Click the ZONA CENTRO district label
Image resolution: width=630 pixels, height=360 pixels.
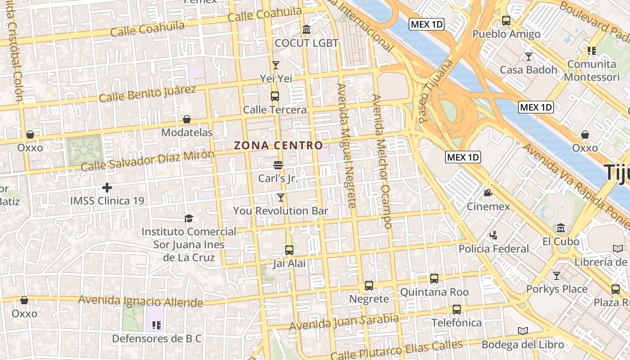tap(278, 145)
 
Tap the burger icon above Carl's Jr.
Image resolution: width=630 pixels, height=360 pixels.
tap(278, 165)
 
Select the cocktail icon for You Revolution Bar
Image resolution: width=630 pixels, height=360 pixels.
tap(281, 197)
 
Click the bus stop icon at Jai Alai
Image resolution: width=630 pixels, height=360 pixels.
tap(289, 250)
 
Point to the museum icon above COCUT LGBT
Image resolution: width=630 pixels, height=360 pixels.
tap(306, 30)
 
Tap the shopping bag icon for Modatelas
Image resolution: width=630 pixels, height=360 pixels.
tap(187, 119)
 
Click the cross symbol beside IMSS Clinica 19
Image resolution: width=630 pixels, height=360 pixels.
tap(107, 187)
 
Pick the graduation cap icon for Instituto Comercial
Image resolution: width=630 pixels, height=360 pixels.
tap(189, 218)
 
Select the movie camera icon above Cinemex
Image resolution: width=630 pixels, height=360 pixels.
tap(488, 193)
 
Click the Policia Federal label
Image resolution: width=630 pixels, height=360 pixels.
tap(494, 249)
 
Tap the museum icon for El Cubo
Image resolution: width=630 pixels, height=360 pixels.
tap(561, 228)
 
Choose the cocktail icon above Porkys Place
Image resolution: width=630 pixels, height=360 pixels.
tap(557, 275)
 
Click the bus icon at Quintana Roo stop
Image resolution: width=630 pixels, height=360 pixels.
tap(434, 278)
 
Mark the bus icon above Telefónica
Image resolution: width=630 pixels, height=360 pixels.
tap(457, 309)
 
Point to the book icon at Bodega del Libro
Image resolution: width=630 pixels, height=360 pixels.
tap(522, 331)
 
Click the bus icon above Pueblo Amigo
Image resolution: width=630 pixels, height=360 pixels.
tap(506, 21)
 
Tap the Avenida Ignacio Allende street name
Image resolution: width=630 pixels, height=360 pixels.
tap(140, 301)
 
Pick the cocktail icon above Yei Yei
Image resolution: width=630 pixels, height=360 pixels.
tap(276, 65)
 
